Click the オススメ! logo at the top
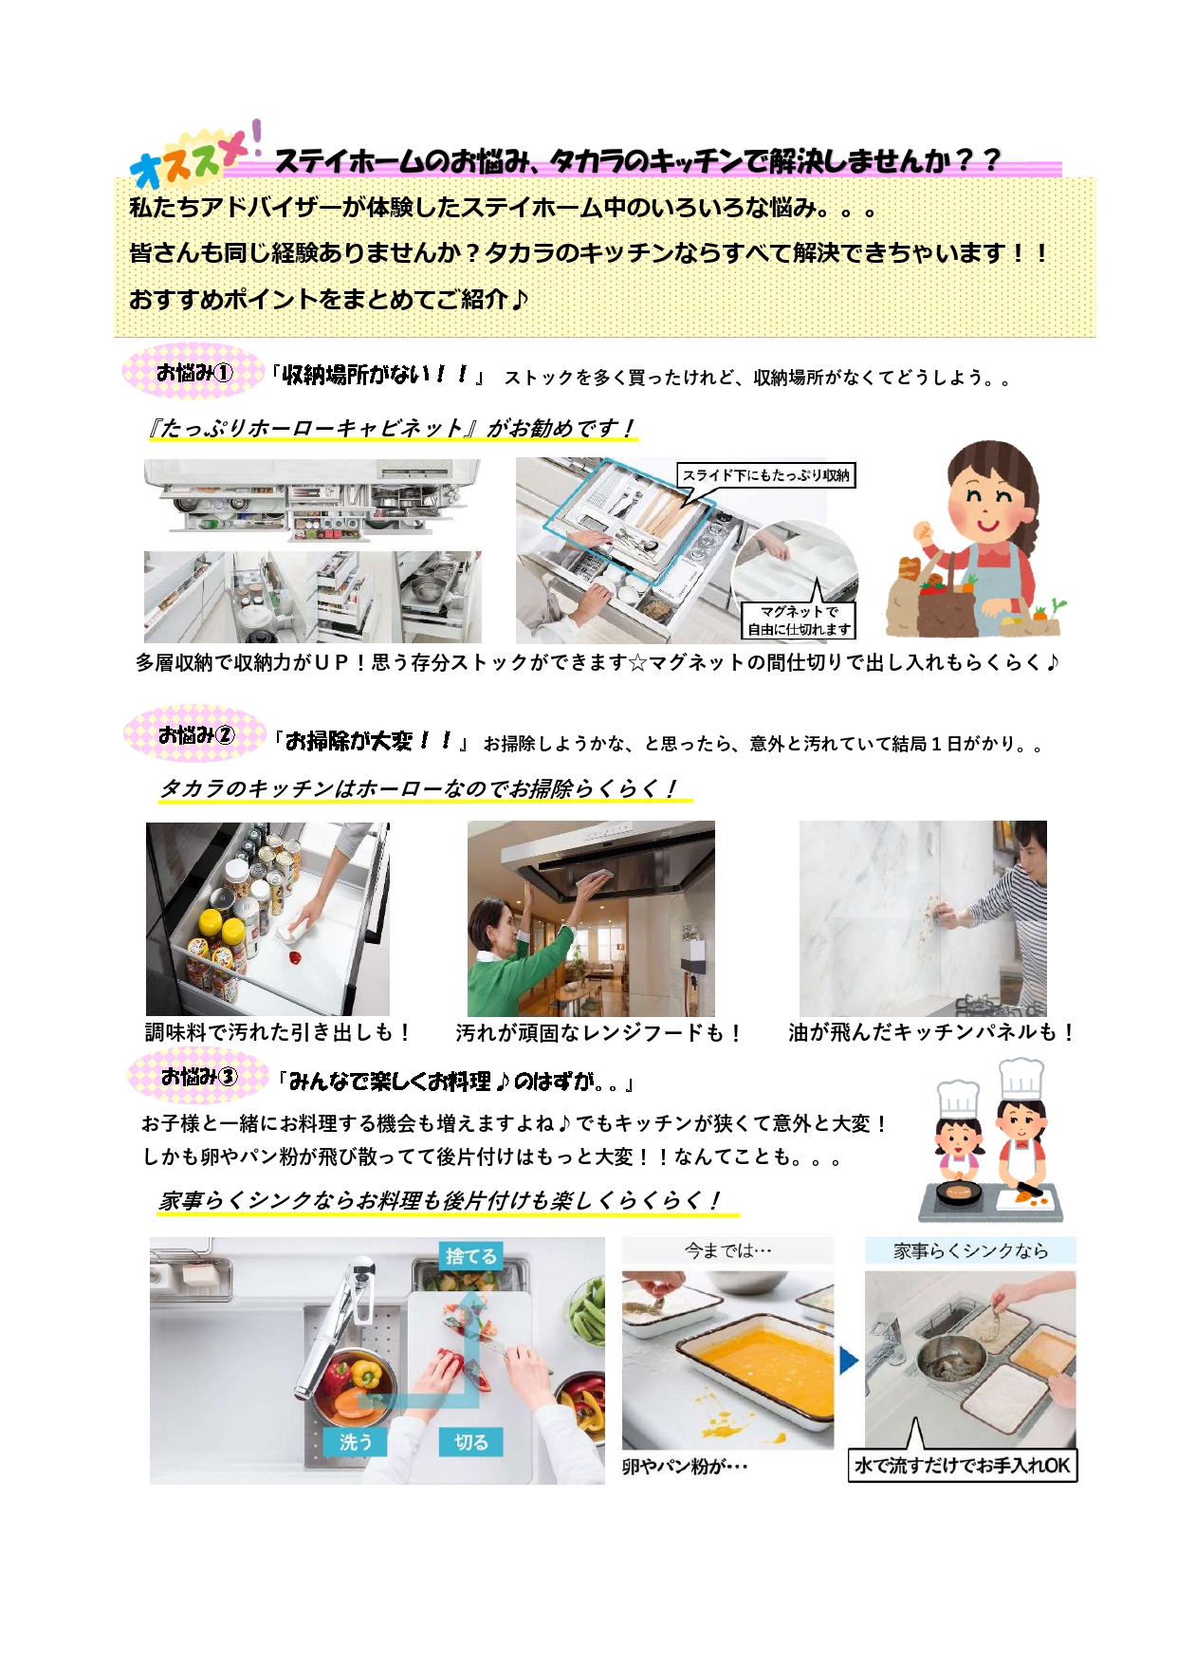click(x=195, y=156)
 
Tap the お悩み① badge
click(x=193, y=372)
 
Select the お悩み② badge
click(x=195, y=734)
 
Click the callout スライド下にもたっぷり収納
click(x=766, y=474)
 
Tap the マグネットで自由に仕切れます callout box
click(x=800, y=620)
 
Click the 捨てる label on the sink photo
click(x=471, y=1256)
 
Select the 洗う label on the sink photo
click(x=356, y=1442)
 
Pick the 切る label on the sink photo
click(x=471, y=1442)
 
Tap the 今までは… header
click(x=728, y=1250)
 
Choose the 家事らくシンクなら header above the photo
click(x=970, y=1250)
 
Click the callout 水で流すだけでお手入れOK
click(x=963, y=1466)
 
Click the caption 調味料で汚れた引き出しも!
click(x=278, y=1032)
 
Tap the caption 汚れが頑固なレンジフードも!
click(x=598, y=1032)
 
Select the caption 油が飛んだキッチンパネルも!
click(x=931, y=1032)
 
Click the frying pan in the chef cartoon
click(x=958, y=1192)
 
